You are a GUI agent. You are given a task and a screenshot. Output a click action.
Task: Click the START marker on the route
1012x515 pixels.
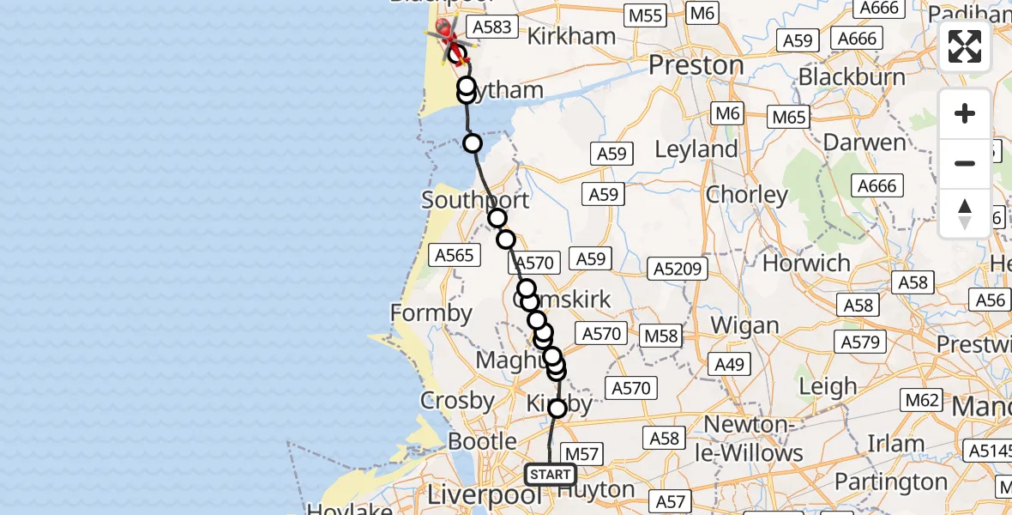click(550, 475)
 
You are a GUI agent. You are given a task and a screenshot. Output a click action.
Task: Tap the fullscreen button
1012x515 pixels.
click(965, 46)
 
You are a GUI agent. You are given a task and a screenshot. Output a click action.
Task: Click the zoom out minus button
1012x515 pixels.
click(965, 163)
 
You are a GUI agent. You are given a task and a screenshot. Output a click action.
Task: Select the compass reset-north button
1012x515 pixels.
click(965, 213)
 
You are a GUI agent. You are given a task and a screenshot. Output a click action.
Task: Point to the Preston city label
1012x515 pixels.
click(696, 66)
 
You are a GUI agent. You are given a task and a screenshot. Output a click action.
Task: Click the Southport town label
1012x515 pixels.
click(475, 200)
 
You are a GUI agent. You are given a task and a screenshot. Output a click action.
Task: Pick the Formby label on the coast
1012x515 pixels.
click(431, 313)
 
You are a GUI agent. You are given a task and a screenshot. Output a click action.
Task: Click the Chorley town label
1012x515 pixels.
click(746, 195)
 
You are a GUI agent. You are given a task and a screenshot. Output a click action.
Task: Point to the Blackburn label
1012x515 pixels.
click(851, 77)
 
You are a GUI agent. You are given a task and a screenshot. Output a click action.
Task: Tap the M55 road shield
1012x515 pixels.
click(645, 15)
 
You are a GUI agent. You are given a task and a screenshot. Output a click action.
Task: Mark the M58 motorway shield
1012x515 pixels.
click(661, 336)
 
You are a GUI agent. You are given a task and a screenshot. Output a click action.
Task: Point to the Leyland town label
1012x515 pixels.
click(696, 149)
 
